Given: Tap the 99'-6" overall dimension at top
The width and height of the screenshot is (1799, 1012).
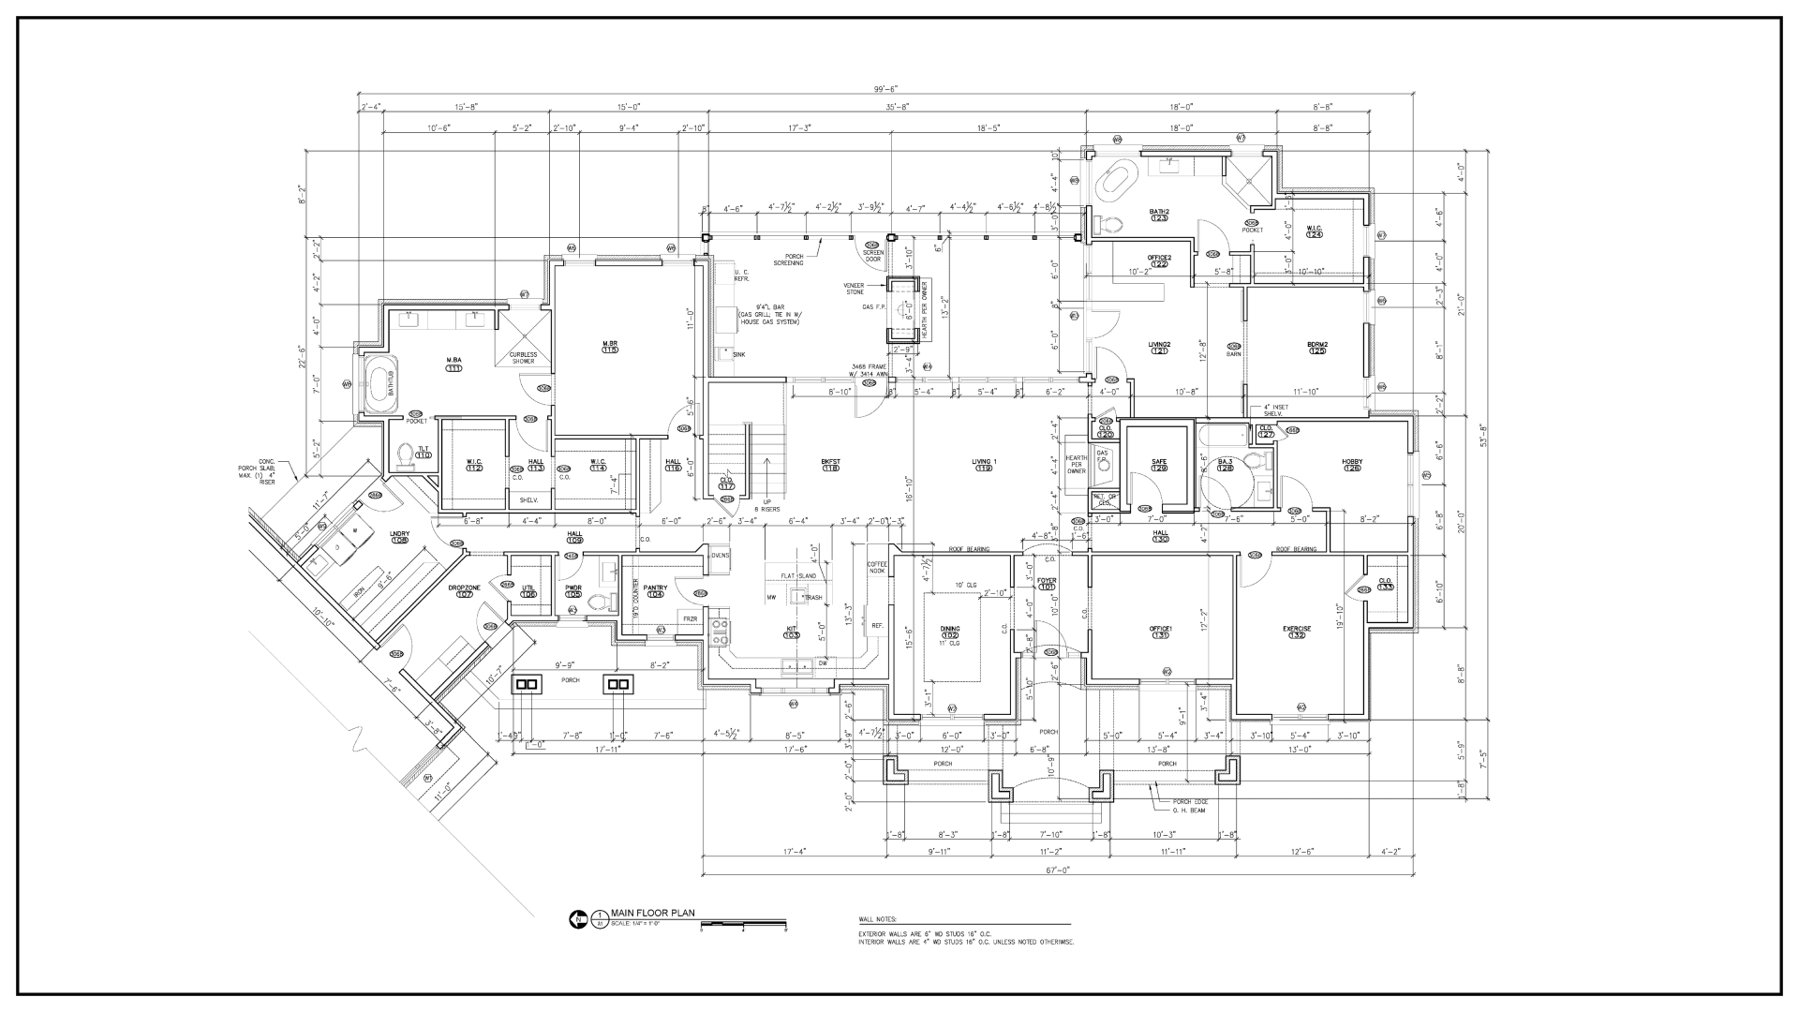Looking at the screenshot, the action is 885,88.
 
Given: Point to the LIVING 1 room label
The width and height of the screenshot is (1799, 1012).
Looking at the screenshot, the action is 984,461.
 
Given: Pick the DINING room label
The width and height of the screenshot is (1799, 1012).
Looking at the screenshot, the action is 950,629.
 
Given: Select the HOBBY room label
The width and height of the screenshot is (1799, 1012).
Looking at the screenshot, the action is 1352,462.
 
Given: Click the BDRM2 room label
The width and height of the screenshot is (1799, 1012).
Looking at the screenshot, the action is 1318,345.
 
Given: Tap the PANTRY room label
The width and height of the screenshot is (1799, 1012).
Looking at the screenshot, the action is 655,588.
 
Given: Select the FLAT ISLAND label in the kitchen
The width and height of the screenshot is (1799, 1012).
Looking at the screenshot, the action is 797,575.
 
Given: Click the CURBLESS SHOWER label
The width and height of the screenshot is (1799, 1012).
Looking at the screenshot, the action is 523,357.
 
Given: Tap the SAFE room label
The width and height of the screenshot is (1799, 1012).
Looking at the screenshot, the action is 1159,462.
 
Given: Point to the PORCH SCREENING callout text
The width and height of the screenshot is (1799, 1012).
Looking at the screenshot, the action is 788,260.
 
